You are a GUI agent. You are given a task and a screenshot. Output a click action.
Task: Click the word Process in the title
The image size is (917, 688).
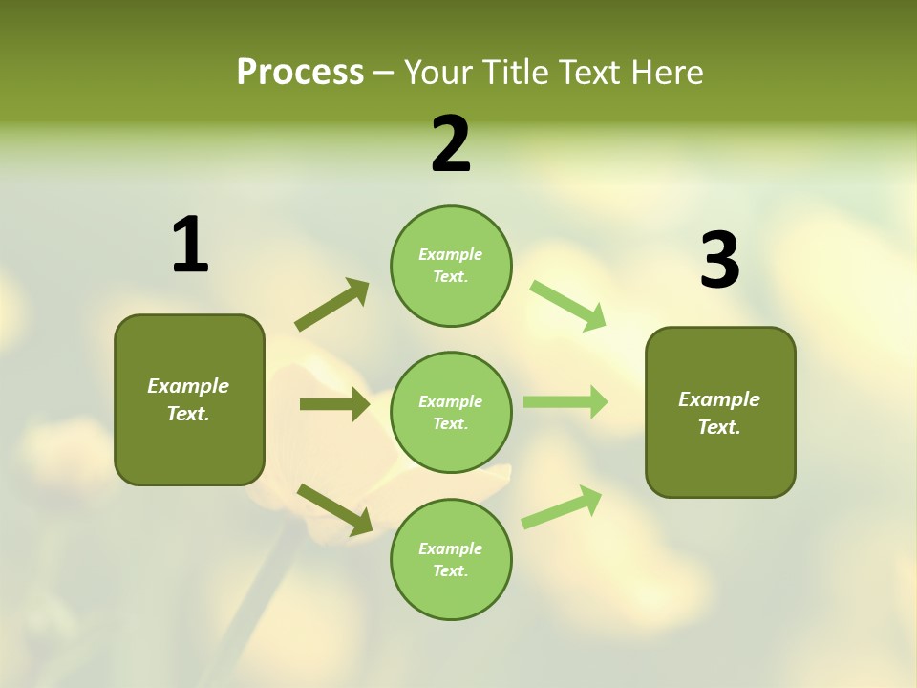[x=300, y=72]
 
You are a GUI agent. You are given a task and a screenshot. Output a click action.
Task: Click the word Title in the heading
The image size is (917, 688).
[x=517, y=72]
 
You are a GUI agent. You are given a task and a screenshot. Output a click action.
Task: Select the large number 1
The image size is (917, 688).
[x=190, y=245]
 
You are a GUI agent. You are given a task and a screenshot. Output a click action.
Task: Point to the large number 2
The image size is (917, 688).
[x=451, y=144]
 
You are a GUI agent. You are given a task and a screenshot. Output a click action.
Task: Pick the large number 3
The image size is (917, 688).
[x=719, y=260]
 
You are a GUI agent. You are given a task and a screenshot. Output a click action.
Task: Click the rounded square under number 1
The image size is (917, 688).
[x=189, y=399]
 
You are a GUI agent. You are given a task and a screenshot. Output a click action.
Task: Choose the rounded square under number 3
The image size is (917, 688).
[x=720, y=412]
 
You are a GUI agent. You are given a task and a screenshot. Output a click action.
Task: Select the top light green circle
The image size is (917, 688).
[x=451, y=266]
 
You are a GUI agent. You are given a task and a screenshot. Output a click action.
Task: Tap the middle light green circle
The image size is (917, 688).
[x=451, y=412]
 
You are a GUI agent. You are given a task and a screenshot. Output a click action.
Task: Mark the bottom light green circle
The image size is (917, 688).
[x=451, y=559]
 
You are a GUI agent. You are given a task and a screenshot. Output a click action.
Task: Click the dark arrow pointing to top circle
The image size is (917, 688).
[x=332, y=305]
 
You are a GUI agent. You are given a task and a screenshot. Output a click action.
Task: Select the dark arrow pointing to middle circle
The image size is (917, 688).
[x=334, y=404]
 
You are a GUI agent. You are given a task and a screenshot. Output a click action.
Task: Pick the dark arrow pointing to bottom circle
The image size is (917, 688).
[x=334, y=508]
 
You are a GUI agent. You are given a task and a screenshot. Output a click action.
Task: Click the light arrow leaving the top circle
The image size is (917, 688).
[x=568, y=305]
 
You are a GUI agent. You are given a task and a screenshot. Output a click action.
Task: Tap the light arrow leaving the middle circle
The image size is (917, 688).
[x=565, y=401]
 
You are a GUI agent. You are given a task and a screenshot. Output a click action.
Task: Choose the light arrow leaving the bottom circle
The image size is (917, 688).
[x=562, y=506]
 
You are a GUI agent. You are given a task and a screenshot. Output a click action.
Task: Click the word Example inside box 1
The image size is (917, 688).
[x=188, y=386]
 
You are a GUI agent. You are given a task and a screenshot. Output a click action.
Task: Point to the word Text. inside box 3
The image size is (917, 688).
[x=719, y=427]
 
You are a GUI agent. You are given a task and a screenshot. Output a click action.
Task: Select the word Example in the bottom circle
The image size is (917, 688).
[x=451, y=548]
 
